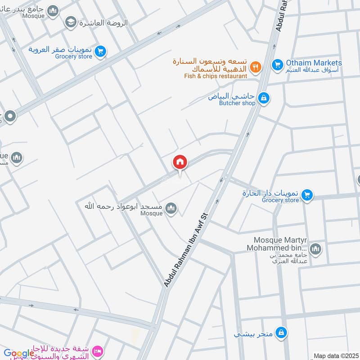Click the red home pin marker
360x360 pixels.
180,162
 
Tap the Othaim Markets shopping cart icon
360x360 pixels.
277,65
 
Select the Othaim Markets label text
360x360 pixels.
313,63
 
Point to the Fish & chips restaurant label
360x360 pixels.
216,76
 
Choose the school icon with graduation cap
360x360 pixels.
70,22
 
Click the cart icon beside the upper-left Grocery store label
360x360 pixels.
100,52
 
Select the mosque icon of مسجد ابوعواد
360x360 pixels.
171,208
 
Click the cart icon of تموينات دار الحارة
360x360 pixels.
307,195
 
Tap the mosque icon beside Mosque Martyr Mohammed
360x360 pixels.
315,248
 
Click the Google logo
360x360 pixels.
19,353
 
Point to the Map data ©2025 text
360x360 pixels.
335,356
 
